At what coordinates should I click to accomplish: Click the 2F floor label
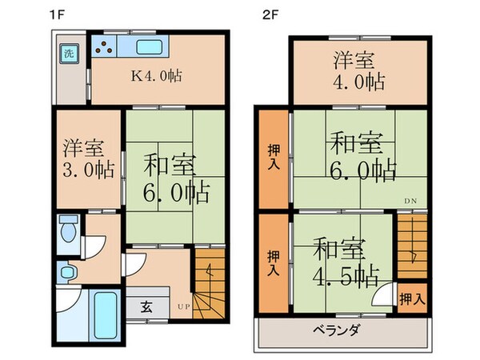[x=270, y=14]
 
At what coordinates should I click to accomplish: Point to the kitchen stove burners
[x=106, y=47]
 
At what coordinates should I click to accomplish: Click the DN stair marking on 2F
[x=410, y=200]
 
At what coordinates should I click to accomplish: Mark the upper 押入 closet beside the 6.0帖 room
[x=273, y=157]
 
